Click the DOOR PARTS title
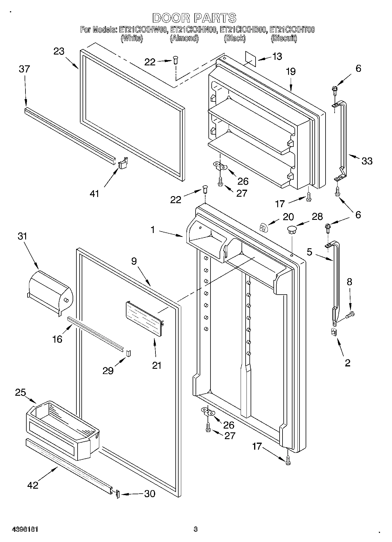click(194, 18)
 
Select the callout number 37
click(24, 69)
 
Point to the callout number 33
click(367, 161)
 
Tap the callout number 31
click(22, 236)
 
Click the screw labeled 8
click(350, 315)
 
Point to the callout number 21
click(157, 365)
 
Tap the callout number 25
click(20, 393)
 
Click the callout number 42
click(33, 485)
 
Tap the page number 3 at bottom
click(196, 529)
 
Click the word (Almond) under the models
click(184, 38)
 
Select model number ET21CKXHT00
click(292, 30)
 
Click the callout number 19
click(291, 72)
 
